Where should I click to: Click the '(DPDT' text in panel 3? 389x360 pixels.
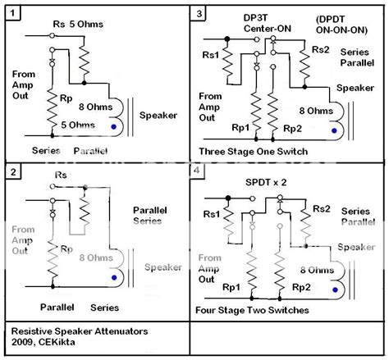click(328, 16)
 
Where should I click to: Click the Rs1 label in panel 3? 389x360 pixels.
click(210, 56)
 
